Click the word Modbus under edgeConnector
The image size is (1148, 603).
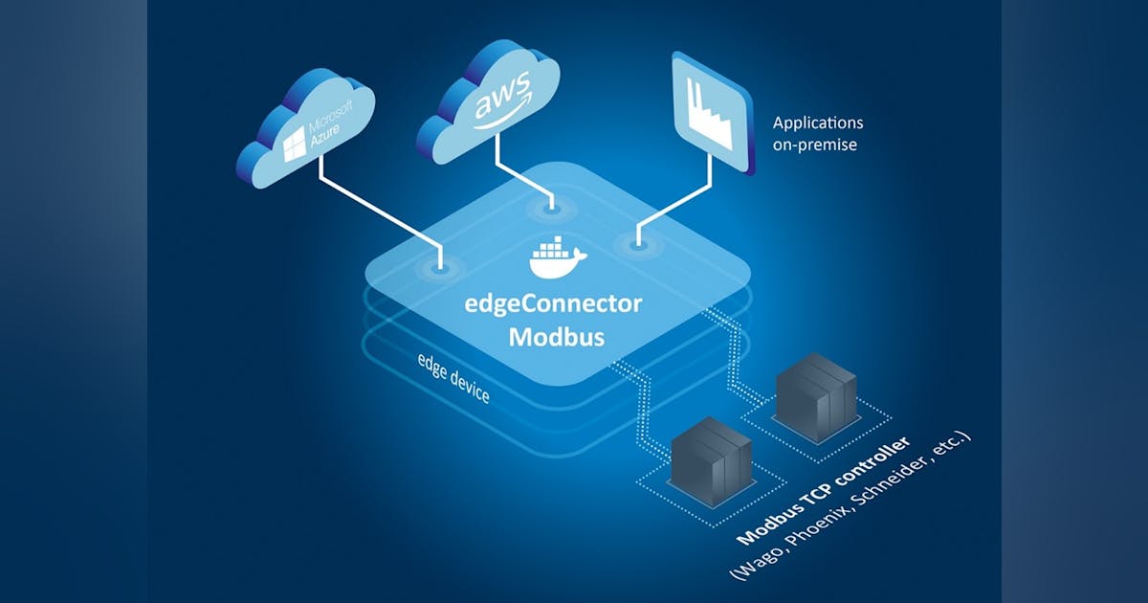click(x=554, y=337)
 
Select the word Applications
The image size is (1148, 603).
click(x=818, y=123)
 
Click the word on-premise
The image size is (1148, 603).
click(x=816, y=145)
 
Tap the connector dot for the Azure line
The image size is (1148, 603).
click(x=440, y=269)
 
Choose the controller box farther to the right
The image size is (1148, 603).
click(x=815, y=394)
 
